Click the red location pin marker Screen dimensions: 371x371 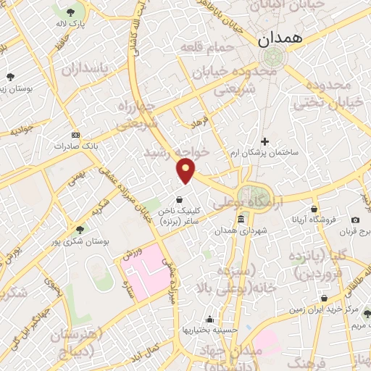pyautogui.click(x=186, y=171)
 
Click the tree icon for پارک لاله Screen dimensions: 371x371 pyautogui.click(x=70, y=13)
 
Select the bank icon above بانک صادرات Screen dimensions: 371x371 pyautogui.click(x=76, y=135)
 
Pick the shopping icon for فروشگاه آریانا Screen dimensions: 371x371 pyautogui.click(x=313, y=209)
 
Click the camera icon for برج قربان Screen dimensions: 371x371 pyautogui.click(x=355, y=220)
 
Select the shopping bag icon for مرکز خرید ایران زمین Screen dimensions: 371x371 pyautogui.click(x=323, y=298)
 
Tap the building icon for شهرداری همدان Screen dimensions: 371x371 pyautogui.click(x=241, y=220)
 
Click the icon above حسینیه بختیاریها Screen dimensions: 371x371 pyautogui.click(x=209, y=320)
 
